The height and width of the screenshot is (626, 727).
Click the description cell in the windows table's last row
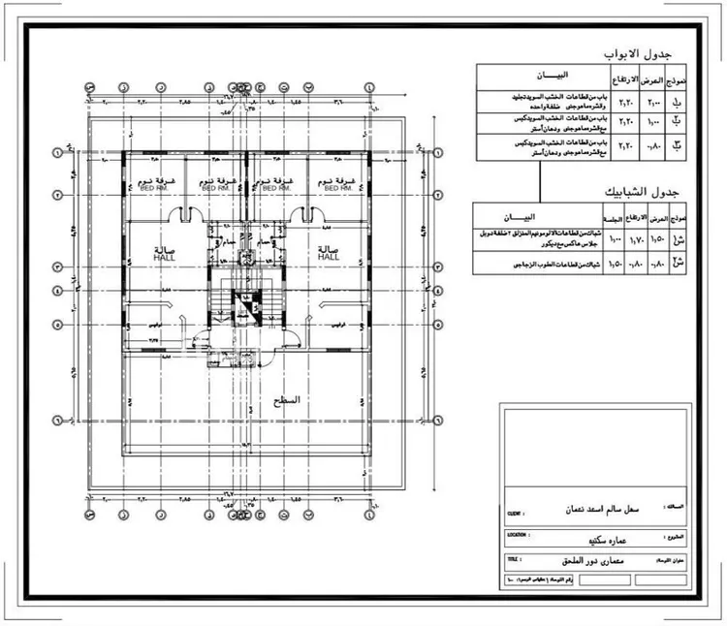(x=533, y=263)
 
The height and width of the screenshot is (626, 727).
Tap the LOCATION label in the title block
(x=517, y=534)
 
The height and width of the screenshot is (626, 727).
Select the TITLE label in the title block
(x=512, y=559)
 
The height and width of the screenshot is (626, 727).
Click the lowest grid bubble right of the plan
(x=438, y=421)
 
